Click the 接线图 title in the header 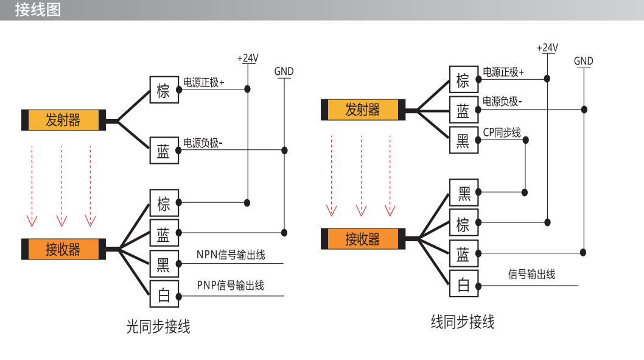(x=38, y=10)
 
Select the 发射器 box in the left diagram (x=64, y=120)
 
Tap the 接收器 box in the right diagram (x=363, y=239)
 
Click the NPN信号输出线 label (x=231, y=255)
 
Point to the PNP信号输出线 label (x=231, y=285)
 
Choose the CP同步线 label (x=502, y=132)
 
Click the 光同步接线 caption (x=158, y=326)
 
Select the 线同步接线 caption (x=463, y=322)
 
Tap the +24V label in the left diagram (x=248, y=58)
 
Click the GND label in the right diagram (x=584, y=62)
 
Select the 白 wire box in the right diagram (x=464, y=284)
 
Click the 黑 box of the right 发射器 (x=464, y=140)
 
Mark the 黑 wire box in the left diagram (x=164, y=263)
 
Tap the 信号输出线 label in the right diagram (x=532, y=274)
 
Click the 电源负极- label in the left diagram (x=203, y=143)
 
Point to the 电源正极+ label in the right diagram (x=503, y=72)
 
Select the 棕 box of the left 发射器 (x=164, y=90)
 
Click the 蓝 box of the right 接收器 (x=464, y=253)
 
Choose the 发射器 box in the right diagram (x=363, y=110)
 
